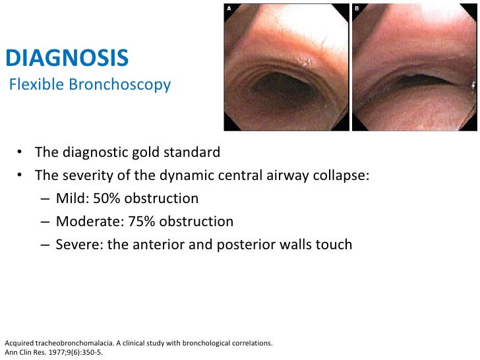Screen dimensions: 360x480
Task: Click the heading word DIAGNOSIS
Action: click(67, 59)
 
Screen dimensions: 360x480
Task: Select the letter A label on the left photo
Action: click(229, 9)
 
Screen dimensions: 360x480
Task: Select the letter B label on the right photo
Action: click(357, 9)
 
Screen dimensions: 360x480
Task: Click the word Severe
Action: click(76, 245)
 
